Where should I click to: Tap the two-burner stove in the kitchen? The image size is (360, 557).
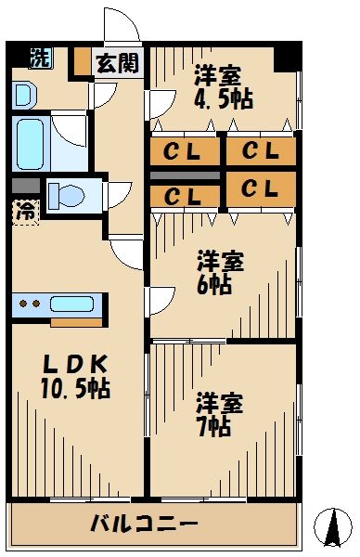coord(30,304)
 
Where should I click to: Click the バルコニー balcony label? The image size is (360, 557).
coord(144,524)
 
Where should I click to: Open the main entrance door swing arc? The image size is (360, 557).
coord(121,26)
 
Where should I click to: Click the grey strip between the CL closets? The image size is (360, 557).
coord(186,175)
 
